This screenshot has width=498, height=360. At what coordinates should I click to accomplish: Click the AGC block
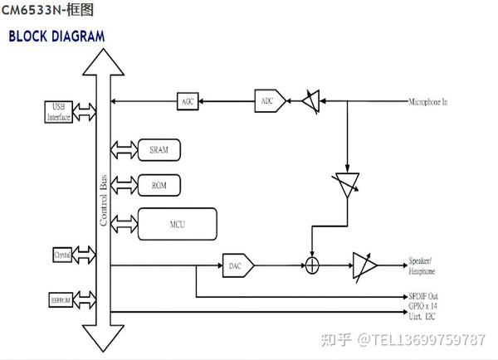tap(188, 101)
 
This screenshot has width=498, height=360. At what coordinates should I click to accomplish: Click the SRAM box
tap(159, 150)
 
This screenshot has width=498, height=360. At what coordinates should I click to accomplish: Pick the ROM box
tap(159, 184)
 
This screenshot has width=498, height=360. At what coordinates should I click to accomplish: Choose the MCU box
tap(177, 224)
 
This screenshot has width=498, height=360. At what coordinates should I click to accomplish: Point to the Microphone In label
tap(427, 102)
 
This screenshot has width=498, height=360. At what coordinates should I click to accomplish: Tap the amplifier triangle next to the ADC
tap(311, 101)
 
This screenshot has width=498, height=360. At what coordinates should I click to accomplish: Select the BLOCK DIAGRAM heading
tap(56, 36)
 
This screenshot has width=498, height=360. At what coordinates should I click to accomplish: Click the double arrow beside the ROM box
tap(120, 184)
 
